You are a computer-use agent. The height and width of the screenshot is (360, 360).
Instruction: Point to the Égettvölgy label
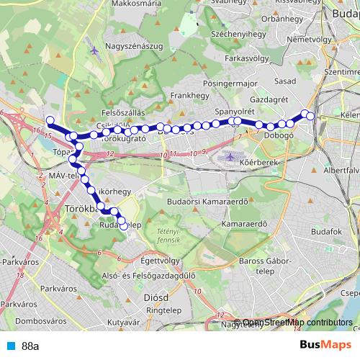[162, 260]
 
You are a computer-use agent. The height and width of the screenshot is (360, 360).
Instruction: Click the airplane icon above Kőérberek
[230, 156]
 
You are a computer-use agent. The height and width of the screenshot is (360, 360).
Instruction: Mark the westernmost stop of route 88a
[50, 120]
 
